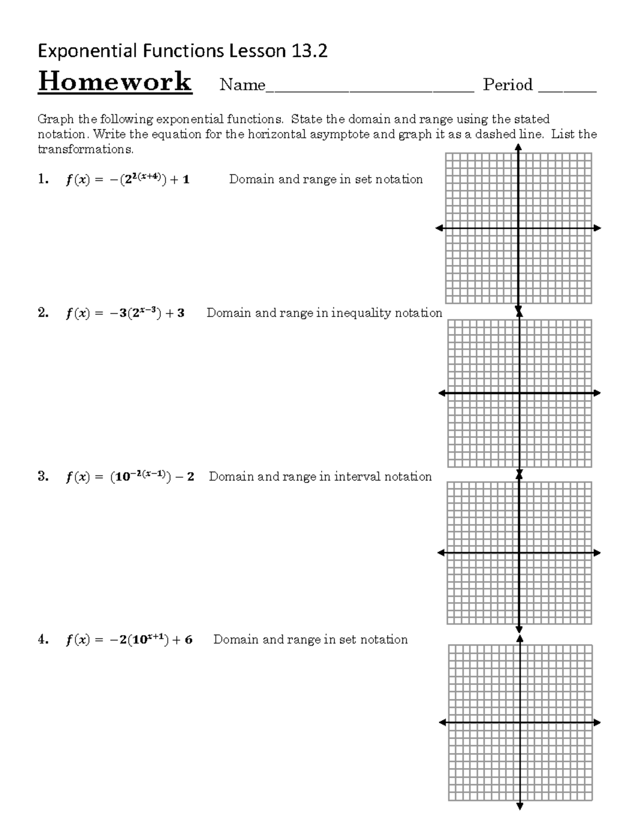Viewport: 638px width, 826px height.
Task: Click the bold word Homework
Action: (115, 82)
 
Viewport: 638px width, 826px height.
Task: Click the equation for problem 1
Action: (128, 180)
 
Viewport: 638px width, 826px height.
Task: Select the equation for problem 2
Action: (125, 313)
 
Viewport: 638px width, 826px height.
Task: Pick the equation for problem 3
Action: (130, 477)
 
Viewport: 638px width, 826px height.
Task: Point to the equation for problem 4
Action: (129, 640)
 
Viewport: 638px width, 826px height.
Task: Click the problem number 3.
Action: (43, 477)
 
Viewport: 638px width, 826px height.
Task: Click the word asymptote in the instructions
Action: (339, 134)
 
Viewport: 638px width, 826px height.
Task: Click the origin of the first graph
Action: (518, 228)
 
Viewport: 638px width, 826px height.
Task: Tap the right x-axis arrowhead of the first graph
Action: (598, 228)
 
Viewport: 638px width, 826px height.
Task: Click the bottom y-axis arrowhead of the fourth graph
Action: (519, 821)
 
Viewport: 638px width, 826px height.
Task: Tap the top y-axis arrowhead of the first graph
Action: (518, 148)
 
